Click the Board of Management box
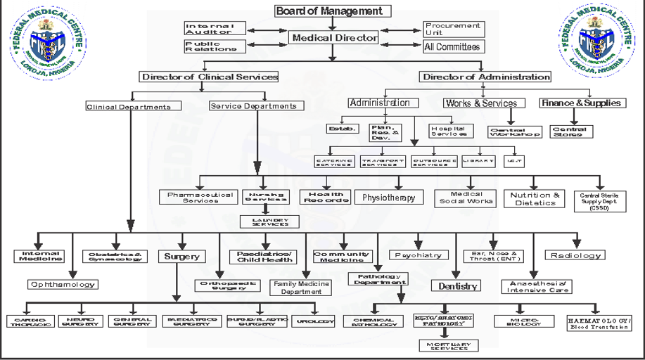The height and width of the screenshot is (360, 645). [x=329, y=11]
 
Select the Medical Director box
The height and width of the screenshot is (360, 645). [x=335, y=38]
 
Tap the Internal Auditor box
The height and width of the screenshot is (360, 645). [x=215, y=28]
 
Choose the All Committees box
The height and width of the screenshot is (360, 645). [x=452, y=47]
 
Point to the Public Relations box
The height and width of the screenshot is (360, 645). [x=215, y=46]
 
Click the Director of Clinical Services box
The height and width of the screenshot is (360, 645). [x=209, y=77]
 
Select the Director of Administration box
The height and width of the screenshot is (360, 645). [x=485, y=77]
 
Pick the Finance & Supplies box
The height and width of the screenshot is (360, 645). [x=582, y=103]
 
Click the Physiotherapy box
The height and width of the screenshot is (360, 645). [x=389, y=198]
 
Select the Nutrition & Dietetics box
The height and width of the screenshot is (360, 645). [x=536, y=198]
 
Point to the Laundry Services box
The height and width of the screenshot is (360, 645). [x=265, y=221]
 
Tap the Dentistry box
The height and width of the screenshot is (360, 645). [x=459, y=285]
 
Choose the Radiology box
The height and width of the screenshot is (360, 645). [x=575, y=255]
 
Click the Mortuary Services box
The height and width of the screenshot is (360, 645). [x=448, y=345]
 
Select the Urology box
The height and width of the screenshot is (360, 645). [x=313, y=321]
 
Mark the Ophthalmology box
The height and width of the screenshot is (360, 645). [x=63, y=285]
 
